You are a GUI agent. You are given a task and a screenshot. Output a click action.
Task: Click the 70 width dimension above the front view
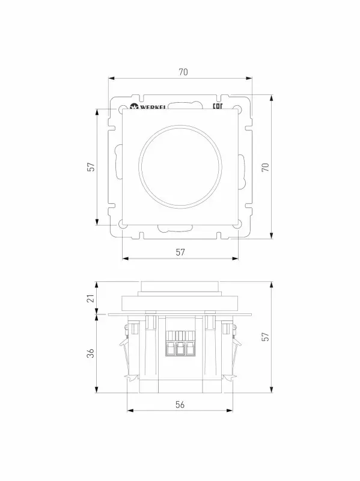183,72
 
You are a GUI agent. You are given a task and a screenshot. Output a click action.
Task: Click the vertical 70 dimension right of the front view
265,167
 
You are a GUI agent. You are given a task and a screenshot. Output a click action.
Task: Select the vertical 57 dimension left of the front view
91,167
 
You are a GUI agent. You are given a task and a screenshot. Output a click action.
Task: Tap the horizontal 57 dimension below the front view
180,252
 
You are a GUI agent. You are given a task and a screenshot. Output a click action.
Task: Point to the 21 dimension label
91,298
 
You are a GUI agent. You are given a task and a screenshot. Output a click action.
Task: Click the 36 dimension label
91,353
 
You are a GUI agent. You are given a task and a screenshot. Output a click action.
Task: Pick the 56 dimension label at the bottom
180,405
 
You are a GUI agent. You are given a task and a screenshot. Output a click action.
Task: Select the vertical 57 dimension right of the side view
265,337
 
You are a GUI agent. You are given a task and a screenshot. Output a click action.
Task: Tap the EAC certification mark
218,106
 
